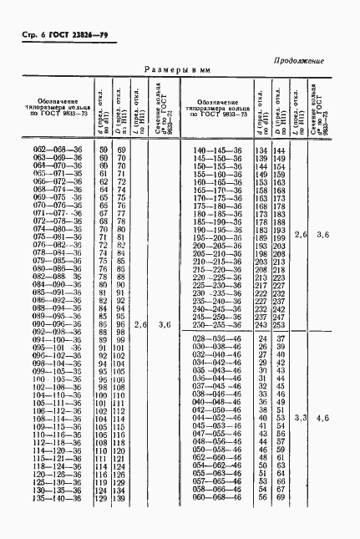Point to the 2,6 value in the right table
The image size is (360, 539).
tap(302, 236)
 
